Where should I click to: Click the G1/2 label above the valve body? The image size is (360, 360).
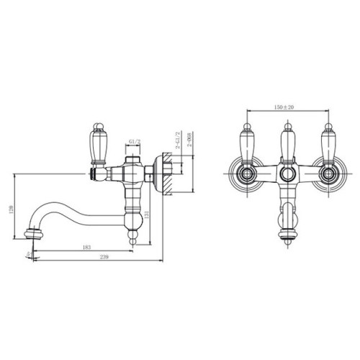pyautogui.click(x=134, y=141)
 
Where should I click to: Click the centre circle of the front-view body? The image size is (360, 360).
pyautogui.click(x=287, y=175)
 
